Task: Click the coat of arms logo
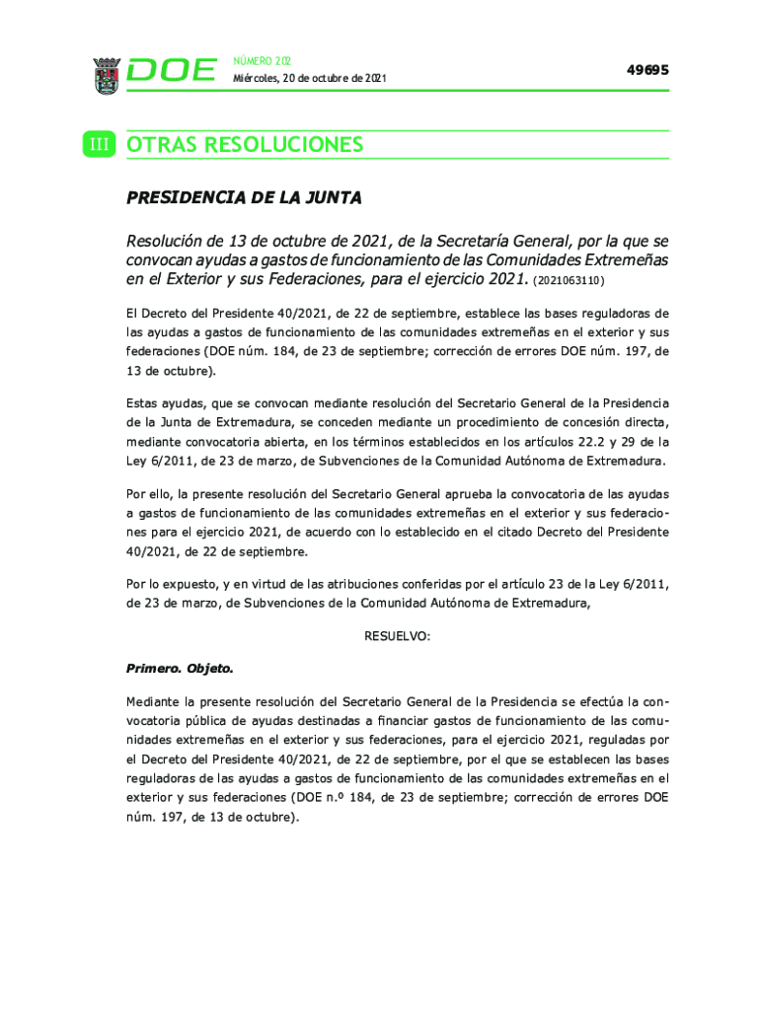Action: (x=106, y=75)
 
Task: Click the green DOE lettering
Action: (x=172, y=70)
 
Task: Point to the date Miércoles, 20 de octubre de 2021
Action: (x=309, y=78)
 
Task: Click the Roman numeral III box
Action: (x=100, y=145)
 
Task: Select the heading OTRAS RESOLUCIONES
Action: (x=245, y=145)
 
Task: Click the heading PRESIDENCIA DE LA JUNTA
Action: (x=244, y=198)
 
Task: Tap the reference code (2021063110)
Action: (x=568, y=281)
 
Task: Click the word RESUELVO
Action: (x=397, y=636)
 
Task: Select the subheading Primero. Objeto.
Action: (x=180, y=668)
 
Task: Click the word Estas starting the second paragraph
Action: (x=144, y=402)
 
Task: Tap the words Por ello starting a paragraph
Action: (x=151, y=492)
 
